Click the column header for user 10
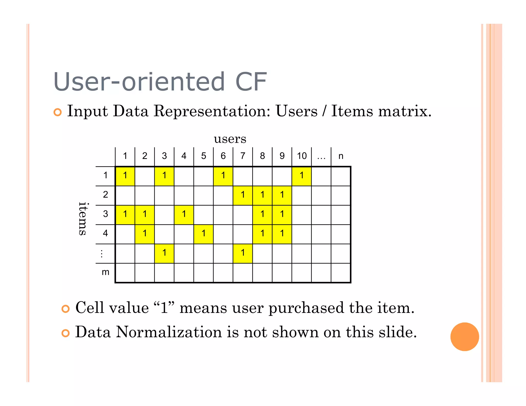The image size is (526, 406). pyautogui.click(x=302, y=156)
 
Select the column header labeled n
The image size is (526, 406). pyautogui.click(x=341, y=156)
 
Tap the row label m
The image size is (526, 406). pyautogui.click(x=106, y=272)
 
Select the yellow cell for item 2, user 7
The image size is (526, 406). pyautogui.click(x=243, y=195)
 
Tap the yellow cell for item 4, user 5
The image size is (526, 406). pyautogui.click(x=203, y=234)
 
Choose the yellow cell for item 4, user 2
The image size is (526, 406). pyautogui.click(x=145, y=234)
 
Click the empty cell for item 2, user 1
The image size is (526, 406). pyautogui.click(x=125, y=195)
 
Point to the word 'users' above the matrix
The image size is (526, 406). pyautogui.click(x=230, y=139)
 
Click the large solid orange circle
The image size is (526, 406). pyautogui.click(x=464, y=336)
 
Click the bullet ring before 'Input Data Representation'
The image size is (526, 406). pyautogui.click(x=58, y=112)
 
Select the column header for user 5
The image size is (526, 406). pyautogui.click(x=203, y=156)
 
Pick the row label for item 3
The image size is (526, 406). pyautogui.click(x=106, y=214)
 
